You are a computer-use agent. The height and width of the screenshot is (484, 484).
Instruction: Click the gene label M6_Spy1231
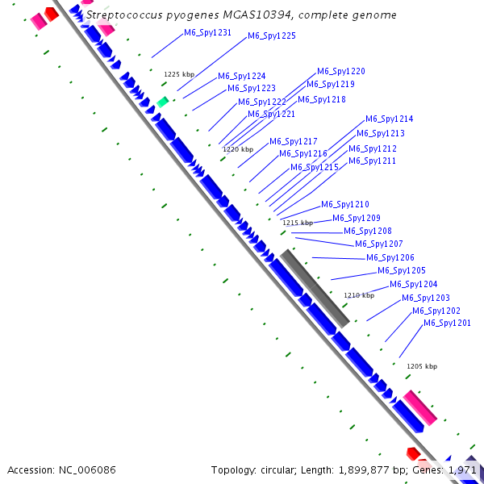pyautogui.click(x=207, y=33)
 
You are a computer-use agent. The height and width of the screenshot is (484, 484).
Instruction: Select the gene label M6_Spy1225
pyautogui.click(x=271, y=35)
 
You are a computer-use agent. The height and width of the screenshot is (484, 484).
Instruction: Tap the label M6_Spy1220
pyautogui.click(x=340, y=72)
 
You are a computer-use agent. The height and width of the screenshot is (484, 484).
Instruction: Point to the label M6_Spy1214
pyautogui.click(x=389, y=119)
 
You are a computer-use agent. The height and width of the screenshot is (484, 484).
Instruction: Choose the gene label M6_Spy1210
pyautogui.click(x=344, y=205)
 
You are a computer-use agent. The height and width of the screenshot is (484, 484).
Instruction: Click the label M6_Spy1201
pyautogui.click(x=447, y=323)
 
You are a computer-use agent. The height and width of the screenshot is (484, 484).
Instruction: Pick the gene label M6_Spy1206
pyautogui.click(x=390, y=258)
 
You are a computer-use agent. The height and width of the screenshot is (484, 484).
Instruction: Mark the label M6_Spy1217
pyautogui.click(x=293, y=142)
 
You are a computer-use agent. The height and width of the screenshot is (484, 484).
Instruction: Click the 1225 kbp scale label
pyautogui.click(x=178, y=74)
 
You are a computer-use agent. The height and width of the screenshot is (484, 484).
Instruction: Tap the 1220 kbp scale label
pyautogui.click(x=237, y=149)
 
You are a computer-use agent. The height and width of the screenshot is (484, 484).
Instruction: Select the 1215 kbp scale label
pyautogui.click(x=297, y=223)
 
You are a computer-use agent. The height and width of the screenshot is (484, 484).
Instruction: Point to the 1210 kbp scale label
pyautogui.click(x=359, y=295)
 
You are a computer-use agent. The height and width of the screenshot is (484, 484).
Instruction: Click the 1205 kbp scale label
pyautogui.click(x=421, y=366)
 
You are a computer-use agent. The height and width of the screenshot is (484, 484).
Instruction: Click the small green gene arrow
pyautogui.click(x=162, y=102)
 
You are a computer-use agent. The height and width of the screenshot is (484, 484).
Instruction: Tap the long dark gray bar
pyautogui.click(x=315, y=287)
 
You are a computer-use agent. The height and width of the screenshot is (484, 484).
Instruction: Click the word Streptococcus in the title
pyautogui.click(x=121, y=15)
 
